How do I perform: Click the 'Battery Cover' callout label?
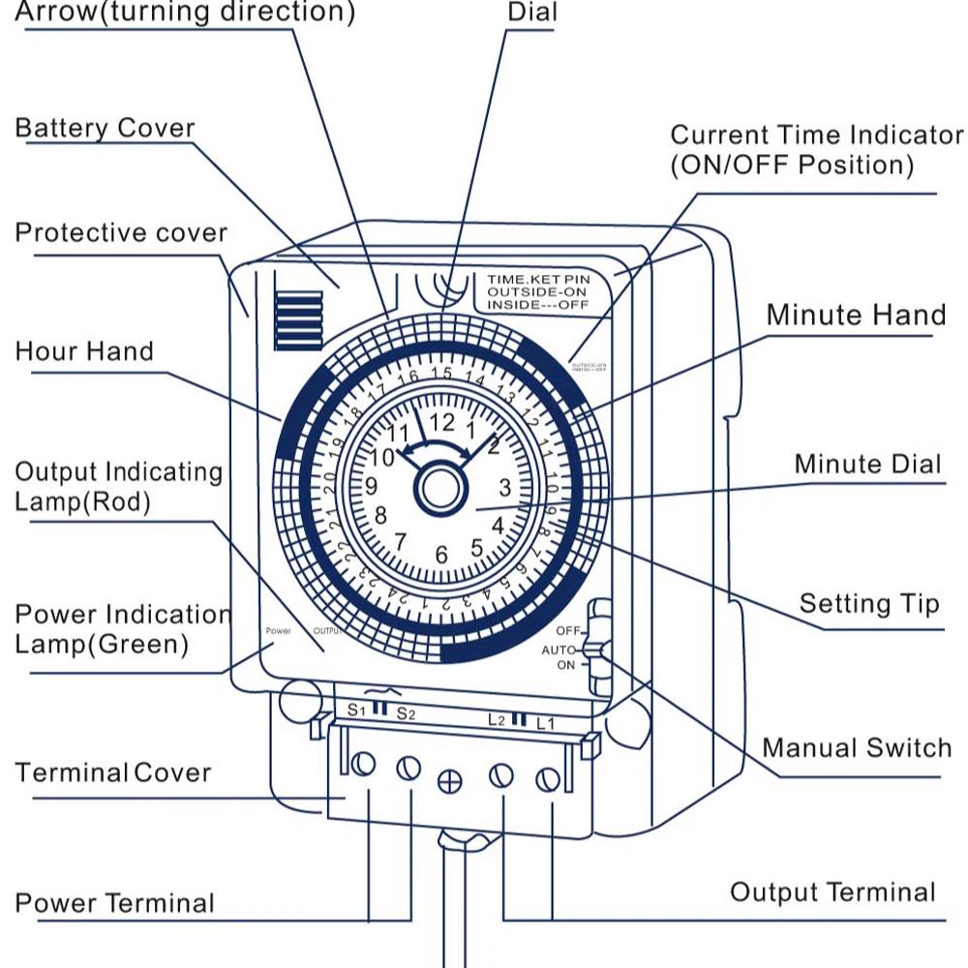point(105,129)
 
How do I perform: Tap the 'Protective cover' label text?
point(121,233)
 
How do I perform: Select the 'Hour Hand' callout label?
point(84,350)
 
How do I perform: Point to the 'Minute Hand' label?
point(856,315)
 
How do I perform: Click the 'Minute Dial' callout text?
point(867,464)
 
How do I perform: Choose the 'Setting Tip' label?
point(868,604)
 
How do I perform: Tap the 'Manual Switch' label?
point(857,747)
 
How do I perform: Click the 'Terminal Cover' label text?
point(113,772)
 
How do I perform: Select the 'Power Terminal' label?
point(114,903)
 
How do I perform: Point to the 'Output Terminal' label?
point(832,892)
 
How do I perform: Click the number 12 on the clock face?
point(441,423)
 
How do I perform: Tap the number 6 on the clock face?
point(441,556)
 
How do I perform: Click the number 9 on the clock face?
point(370,487)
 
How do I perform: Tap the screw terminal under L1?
point(547,778)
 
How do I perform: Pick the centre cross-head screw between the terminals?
point(449,781)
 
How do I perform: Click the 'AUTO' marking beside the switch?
point(559,649)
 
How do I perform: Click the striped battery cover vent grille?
point(297,319)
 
